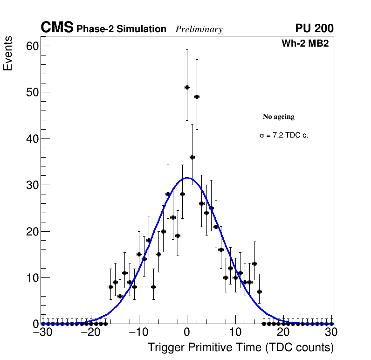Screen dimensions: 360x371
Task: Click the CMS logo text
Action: (x=57, y=28)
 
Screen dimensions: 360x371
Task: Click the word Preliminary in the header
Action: (x=199, y=29)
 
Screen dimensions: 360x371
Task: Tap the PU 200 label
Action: (x=314, y=28)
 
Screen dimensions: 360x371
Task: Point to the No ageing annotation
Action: (x=279, y=117)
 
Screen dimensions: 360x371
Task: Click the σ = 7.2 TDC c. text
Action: (x=284, y=135)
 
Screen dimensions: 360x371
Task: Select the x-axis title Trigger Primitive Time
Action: (x=240, y=348)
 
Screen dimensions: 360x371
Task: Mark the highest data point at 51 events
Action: (x=187, y=87)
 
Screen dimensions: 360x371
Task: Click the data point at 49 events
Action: (x=197, y=97)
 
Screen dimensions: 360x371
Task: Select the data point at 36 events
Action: (x=192, y=157)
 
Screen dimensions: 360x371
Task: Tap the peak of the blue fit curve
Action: (x=187, y=178)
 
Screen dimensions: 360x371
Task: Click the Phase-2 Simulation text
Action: (x=121, y=29)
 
